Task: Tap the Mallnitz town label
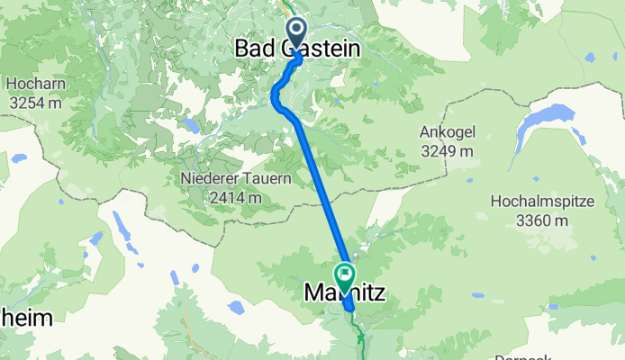click(x=346, y=292)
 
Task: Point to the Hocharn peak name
click(x=34, y=84)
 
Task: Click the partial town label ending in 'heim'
click(x=25, y=317)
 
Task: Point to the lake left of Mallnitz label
click(x=236, y=308)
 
